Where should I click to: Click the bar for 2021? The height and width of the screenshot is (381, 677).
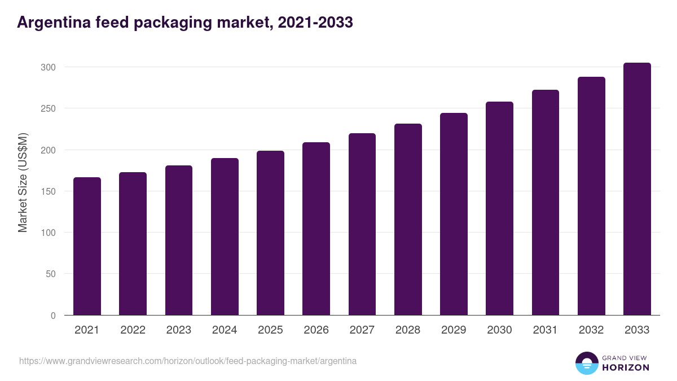pyautogui.click(x=87, y=246)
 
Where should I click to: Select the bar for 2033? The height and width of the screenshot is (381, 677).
pyautogui.click(x=637, y=189)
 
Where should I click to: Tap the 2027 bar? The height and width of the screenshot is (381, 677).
pyautogui.click(x=362, y=224)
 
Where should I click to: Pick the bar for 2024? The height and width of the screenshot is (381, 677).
pyautogui.click(x=225, y=237)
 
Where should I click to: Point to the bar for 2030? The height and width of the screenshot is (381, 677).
pyautogui.click(x=499, y=208)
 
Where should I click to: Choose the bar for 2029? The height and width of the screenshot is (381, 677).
pyautogui.click(x=454, y=214)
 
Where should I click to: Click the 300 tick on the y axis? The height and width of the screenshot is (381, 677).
pyautogui.click(x=48, y=67)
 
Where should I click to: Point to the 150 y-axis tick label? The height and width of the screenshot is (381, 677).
pyautogui.click(x=48, y=191)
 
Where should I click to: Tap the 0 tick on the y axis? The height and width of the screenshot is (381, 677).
pyautogui.click(x=53, y=316)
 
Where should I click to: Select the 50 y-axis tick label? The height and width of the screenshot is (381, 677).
pyautogui.click(x=51, y=274)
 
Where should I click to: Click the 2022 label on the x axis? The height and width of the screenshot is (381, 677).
pyautogui.click(x=133, y=330)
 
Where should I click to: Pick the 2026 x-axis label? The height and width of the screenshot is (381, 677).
pyautogui.click(x=316, y=330)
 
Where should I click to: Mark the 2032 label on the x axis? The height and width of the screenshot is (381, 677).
pyautogui.click(x=591, y=330)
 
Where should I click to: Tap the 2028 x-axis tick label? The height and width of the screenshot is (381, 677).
pyautogui.click(x=408, y=330)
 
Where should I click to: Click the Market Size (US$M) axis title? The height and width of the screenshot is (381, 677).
pyautogui.click(x=23, y=182)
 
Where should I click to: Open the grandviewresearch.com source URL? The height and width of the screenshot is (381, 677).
pyautogui.click(x=188, y=361)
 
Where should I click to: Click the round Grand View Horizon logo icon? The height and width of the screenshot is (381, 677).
pyautogui.click(x=586, y=363)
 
